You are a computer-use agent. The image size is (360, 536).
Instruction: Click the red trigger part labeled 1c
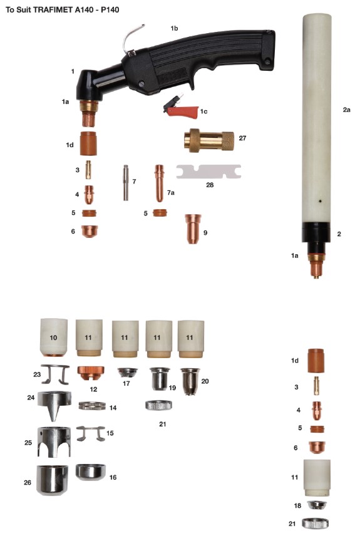tap(182, 110)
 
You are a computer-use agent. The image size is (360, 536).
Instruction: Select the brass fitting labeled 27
tap(209, 140)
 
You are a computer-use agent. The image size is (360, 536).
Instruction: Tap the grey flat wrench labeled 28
tap(208, 172)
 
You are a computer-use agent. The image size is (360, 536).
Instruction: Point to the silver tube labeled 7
tap(125, 183)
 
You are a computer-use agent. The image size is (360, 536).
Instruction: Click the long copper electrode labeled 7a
tap(159, 183)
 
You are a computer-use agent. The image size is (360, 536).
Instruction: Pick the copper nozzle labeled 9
tap(193, 229)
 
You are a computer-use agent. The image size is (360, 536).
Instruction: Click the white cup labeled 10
tap(54, 338)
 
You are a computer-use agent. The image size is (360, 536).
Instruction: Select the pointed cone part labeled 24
tap(54, 405)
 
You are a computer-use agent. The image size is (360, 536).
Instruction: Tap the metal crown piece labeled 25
tap(54, 441)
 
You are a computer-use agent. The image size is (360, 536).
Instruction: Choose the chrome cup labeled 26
tap(52, 480)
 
